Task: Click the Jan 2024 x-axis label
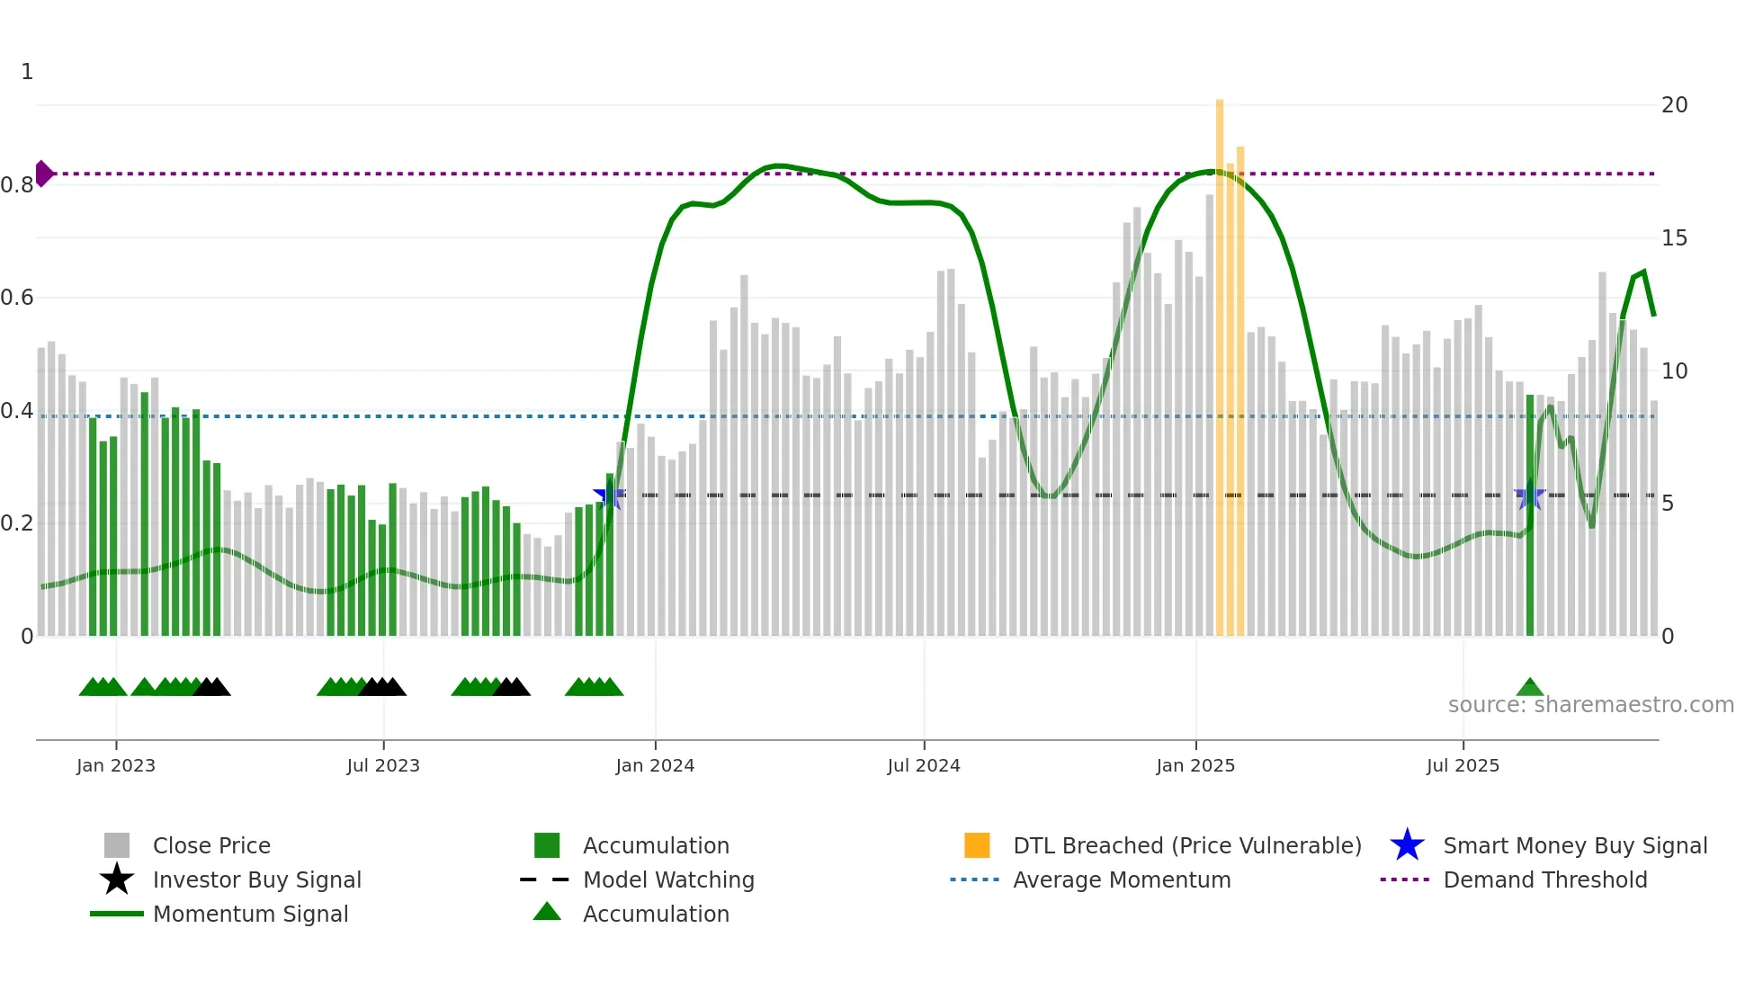click(655, 765)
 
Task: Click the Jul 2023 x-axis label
click(383, 765)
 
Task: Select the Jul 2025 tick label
click(1463, 765)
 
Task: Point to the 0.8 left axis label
click(17, 185)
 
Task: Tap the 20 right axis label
click(1674, 105)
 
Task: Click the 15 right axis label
click(1674, 238)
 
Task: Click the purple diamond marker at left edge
click(43, 174)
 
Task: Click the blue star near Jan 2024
click(609, 495)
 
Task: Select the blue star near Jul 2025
click(1529, 495)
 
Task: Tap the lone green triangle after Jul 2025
click(1529, 689)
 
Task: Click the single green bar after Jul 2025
click(1529, 517)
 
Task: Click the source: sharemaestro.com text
click(1590, 705)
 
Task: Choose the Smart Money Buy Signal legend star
click(1407, 845)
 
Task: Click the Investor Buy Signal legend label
click(257, 879)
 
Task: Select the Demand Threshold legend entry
click(1544, 879)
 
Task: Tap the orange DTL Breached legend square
click(977, 845)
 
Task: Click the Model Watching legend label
click(668, 879)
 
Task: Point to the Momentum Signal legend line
click(117, 914)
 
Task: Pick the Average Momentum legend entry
click(1121, 879)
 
